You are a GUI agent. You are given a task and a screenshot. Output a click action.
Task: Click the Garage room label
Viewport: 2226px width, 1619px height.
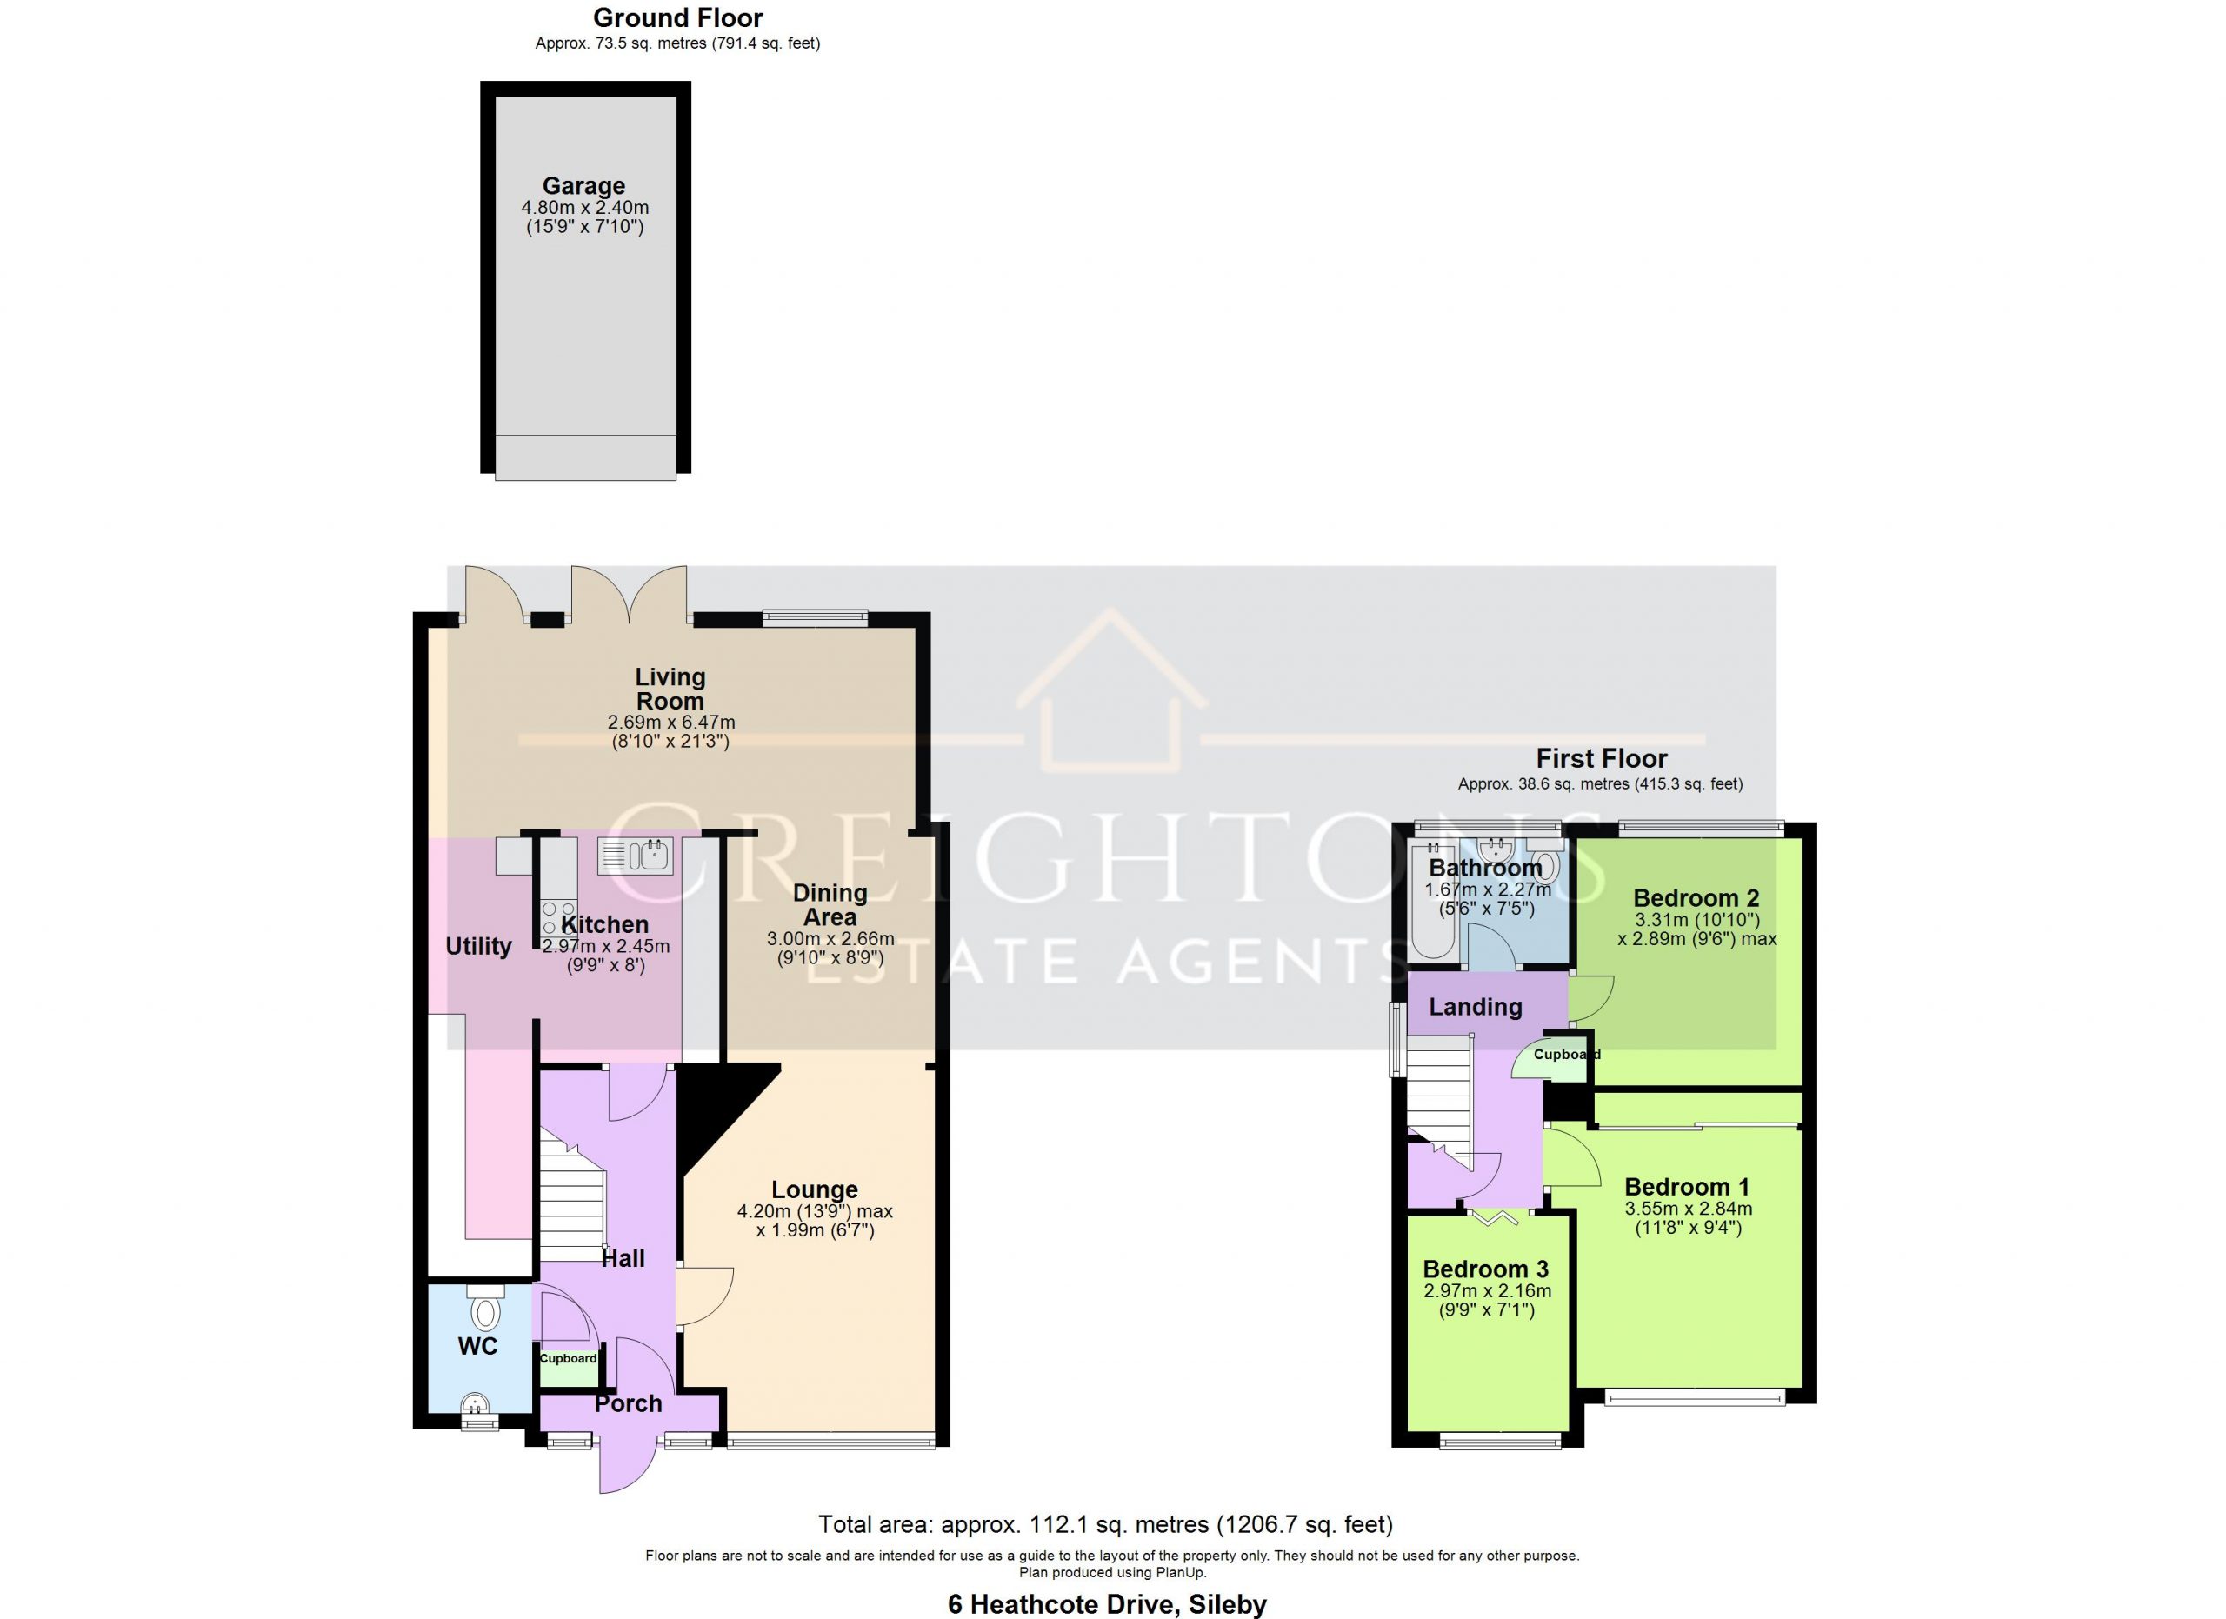click(584, 185)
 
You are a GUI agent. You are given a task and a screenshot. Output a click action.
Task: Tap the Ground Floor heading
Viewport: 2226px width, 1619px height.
click(677, 17)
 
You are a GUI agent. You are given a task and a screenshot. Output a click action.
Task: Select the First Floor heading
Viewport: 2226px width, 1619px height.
click(1601, 758)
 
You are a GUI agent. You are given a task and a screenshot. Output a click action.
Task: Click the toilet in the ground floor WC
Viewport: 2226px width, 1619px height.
click(485, 1308)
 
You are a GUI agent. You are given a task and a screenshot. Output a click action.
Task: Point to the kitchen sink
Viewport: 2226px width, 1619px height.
click(636, 856)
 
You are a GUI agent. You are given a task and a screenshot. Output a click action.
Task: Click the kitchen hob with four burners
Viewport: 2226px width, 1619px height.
click(559, 917)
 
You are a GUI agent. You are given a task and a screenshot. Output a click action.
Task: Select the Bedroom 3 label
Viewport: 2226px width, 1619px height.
click(1486, 1269)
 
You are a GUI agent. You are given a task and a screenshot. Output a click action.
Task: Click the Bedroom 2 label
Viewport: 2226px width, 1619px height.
click(1696, 898)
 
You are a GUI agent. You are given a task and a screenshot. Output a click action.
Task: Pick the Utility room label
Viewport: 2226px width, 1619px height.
click(479, 946)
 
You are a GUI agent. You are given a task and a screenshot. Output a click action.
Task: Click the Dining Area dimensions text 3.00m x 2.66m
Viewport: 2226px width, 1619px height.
click(830, 939)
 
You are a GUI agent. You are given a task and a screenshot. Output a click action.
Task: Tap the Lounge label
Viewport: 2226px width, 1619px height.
click(815, 1189)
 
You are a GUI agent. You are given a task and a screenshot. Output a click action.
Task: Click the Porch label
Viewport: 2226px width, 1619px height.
click(628, 1403)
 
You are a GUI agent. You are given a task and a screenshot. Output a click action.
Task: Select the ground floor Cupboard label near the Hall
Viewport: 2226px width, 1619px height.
click(569, 1358)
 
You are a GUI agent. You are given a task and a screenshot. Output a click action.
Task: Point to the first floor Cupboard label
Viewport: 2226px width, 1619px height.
click(1566, 1054)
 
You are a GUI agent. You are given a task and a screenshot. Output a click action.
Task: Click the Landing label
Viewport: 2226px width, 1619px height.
click(1476, 1007)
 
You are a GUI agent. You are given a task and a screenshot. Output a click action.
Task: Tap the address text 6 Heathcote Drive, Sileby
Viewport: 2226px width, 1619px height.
click(1107, 1604)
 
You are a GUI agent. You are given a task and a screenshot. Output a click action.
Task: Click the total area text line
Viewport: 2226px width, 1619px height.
click(1106, 1524)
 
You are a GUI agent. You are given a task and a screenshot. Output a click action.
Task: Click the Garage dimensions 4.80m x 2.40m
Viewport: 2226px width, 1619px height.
click(585, 208)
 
